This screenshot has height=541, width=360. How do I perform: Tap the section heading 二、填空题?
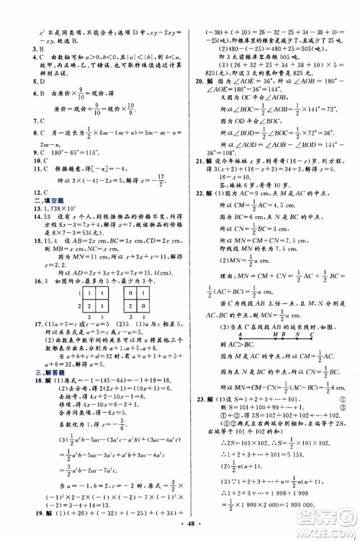click(x=37, y=182)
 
